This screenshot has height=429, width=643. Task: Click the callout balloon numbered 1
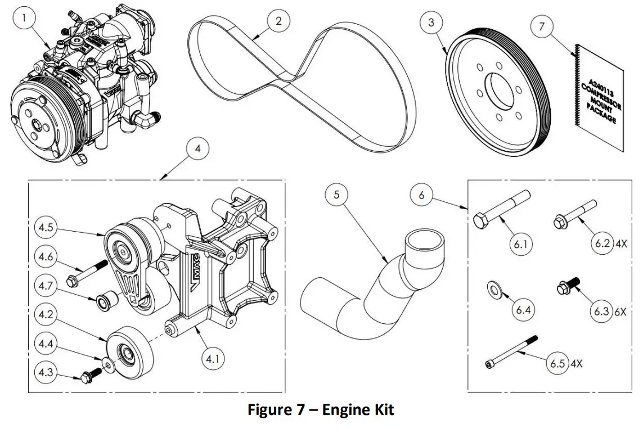click(24, 19)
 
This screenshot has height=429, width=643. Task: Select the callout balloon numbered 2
click(278, 22)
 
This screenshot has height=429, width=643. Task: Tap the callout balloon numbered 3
click(431, 22)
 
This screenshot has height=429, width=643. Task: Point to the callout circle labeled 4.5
click(47, 228)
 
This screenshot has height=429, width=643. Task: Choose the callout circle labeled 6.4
click(524, 310)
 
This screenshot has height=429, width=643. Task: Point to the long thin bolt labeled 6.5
click(511, 352)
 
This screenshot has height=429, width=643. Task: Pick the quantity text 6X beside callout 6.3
click(620, 311)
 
